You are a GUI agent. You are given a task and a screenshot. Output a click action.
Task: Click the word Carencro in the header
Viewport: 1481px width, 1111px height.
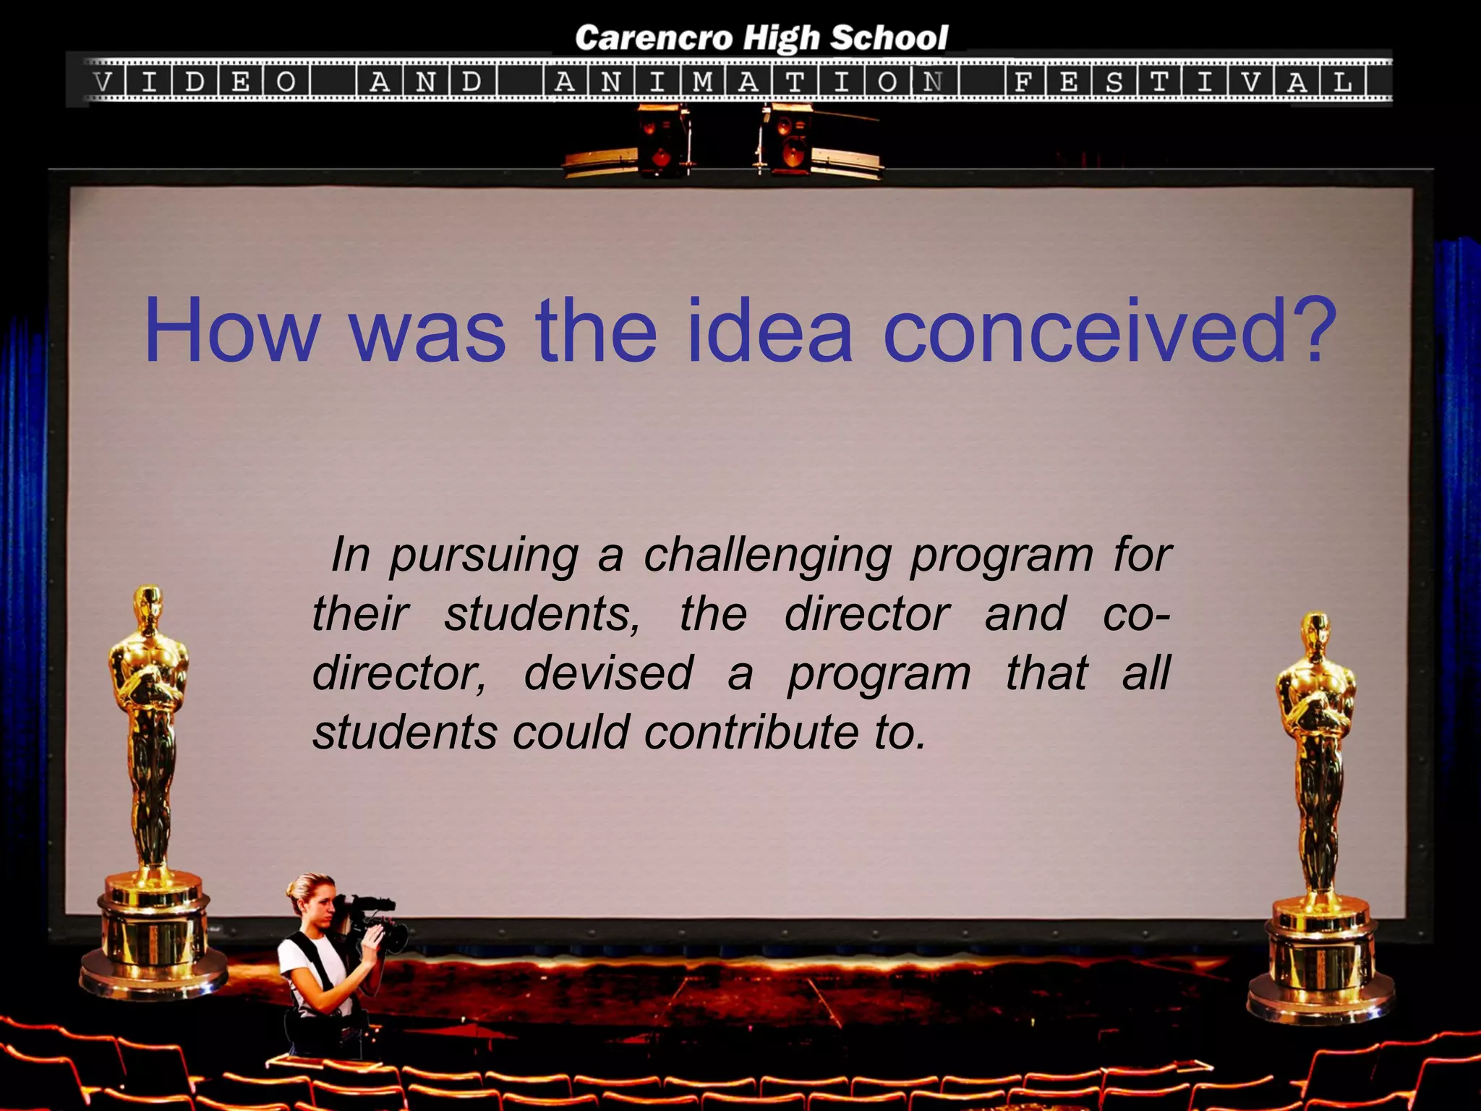tap(654, 38)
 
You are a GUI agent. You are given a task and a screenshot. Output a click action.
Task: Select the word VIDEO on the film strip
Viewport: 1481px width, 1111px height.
tap(195, 82)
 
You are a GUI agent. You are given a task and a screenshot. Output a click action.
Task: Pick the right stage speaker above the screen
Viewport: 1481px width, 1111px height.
tap(788, 141)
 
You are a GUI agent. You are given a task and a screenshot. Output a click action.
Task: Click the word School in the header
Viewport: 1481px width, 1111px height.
tap(888, 38)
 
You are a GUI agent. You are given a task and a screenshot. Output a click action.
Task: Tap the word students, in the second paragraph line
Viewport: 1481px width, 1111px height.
tap(542, 615)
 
